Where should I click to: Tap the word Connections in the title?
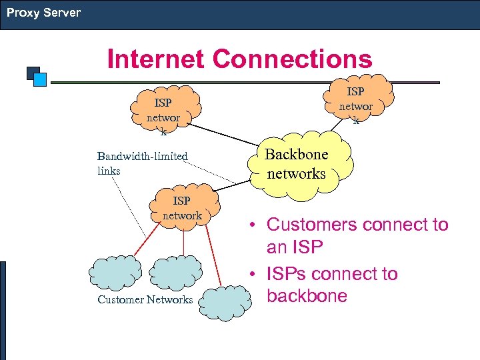292,59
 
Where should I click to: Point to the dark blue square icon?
32,71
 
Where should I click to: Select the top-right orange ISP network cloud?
356,101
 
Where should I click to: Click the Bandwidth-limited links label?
142,163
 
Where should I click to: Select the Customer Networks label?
145,299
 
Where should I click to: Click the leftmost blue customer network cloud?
115,271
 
